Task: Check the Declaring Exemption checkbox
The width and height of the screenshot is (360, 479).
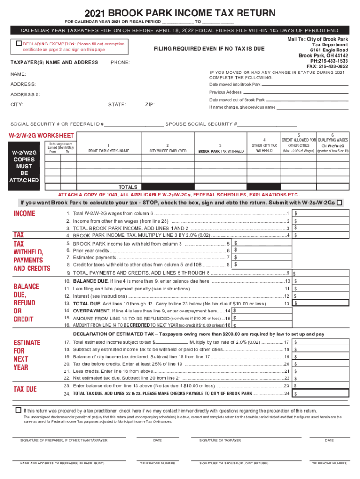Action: [x=19, y=44]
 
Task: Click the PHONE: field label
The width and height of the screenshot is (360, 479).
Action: [x=120, y=62]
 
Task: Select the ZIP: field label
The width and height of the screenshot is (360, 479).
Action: [x=150, y=105]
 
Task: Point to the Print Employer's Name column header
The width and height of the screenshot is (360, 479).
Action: [x=108, y=151]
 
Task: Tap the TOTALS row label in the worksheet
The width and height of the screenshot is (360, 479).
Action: [x=128, y=186]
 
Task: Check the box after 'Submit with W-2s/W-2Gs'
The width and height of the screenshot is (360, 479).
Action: [x=339, y=203]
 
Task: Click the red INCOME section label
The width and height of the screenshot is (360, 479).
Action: [x=24, y=214]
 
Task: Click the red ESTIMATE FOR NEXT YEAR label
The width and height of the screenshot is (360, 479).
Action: [x=27, y=355]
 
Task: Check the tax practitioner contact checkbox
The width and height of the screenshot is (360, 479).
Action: [x=18, y=410]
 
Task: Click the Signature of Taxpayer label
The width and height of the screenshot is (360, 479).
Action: [x=220, y=440]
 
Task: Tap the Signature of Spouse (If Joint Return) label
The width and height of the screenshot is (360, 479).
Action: [x=234, y=463]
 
